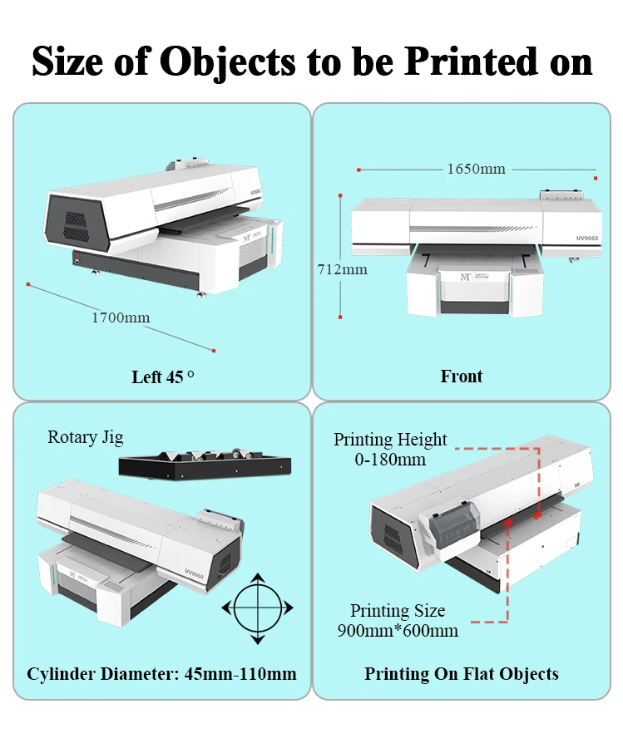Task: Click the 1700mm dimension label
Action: click(121, 317)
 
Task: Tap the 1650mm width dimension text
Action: click(476, 169)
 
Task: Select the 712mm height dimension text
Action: click(342, 269)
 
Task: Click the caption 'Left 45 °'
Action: click(163, 376)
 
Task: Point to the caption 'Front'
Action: click(462, 376)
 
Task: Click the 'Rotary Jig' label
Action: click(86, 437)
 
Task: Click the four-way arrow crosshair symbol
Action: click(258, 608)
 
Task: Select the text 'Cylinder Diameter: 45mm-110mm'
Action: click(161, 673)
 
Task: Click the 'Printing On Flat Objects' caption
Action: click(462, 673)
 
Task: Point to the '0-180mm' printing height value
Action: click(390, 459)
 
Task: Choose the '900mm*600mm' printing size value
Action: click(398, 630)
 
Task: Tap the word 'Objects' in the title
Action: click(226, 62)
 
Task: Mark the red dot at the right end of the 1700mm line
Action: click(215, 350)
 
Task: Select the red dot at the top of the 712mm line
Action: click(341, 196)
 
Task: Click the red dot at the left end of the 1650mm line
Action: click(358, 170)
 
